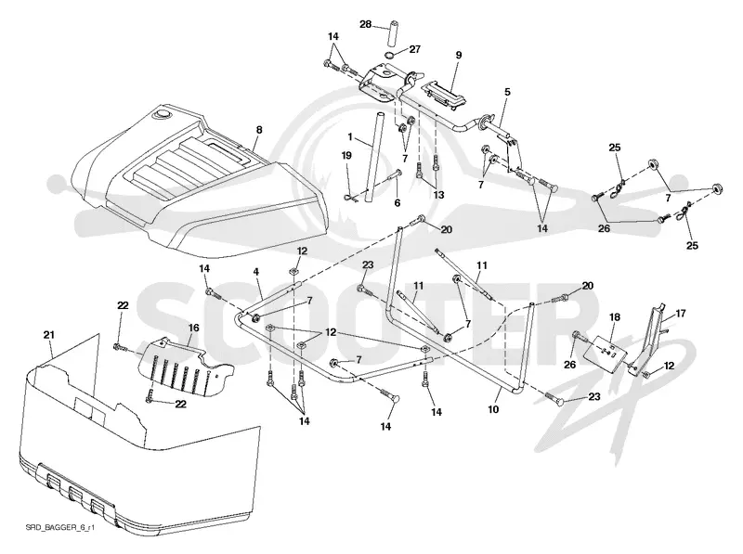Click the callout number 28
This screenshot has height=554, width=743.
pyautogui.click(x=365, y=24)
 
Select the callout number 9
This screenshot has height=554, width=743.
pyautogui.click(x=458, y=55)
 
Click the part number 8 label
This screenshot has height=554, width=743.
pyautogui.click(x=259, y=130)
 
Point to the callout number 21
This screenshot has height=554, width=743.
pyautogui.click(x=49, y=335)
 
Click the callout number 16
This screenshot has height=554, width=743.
pyautogui.click(x=194, y=328)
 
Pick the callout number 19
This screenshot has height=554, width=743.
pyautogui.click(x=346, y=155)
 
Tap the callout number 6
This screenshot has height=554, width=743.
pyautogui.click(x=398, y=202)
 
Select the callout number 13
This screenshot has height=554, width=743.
pyautogui.click(x=438, y=195)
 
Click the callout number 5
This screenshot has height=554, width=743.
pyautogui.click(x=507, y=92)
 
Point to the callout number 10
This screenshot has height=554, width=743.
pyautogui.click(x=493, y=408)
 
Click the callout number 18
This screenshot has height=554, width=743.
pyautogui.click(x=615, y=316)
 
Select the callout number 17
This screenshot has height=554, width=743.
pyautogui.click(x=681, y=314)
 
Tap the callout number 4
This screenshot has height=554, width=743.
pyautogui.click(x=256, y=272)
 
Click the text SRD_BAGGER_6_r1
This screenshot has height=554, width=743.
pyautogui.click(x=60, y=527)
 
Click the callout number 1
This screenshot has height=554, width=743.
pyautogui.click(x=350, y=137)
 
